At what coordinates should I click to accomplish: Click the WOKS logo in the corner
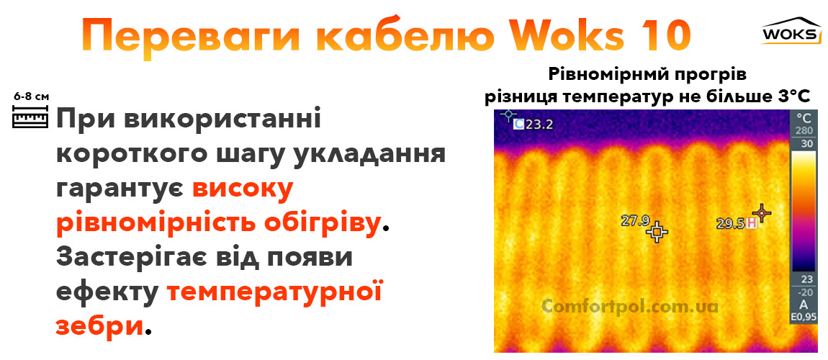pyautogui.click(x=791, y=31)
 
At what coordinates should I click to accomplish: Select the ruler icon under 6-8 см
pyautogui.click(x=30, y=117)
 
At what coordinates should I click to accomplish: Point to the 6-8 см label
pyautogui.click(x=31, y=96)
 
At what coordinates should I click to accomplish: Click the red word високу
pyautogui.click(x=243, y=189)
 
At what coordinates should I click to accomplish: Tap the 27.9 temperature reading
pyautogui.click(x=636, y=221)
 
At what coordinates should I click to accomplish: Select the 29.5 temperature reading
pyautogui.click(x=730, y=224)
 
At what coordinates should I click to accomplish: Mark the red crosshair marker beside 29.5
pyautogui.click(x=761, y=213)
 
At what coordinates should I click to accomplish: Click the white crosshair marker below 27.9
pyautogui.click(x=657, y=233)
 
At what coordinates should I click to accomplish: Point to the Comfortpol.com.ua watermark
pyautogui.click(x=630, y=306)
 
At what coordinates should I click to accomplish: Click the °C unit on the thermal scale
pyautogui.click(x=803, y=117)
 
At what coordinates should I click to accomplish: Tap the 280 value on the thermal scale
pyautogui.click(x=803, y=130)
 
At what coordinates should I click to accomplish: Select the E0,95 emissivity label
pyautogui.click(x=803, y=316)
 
